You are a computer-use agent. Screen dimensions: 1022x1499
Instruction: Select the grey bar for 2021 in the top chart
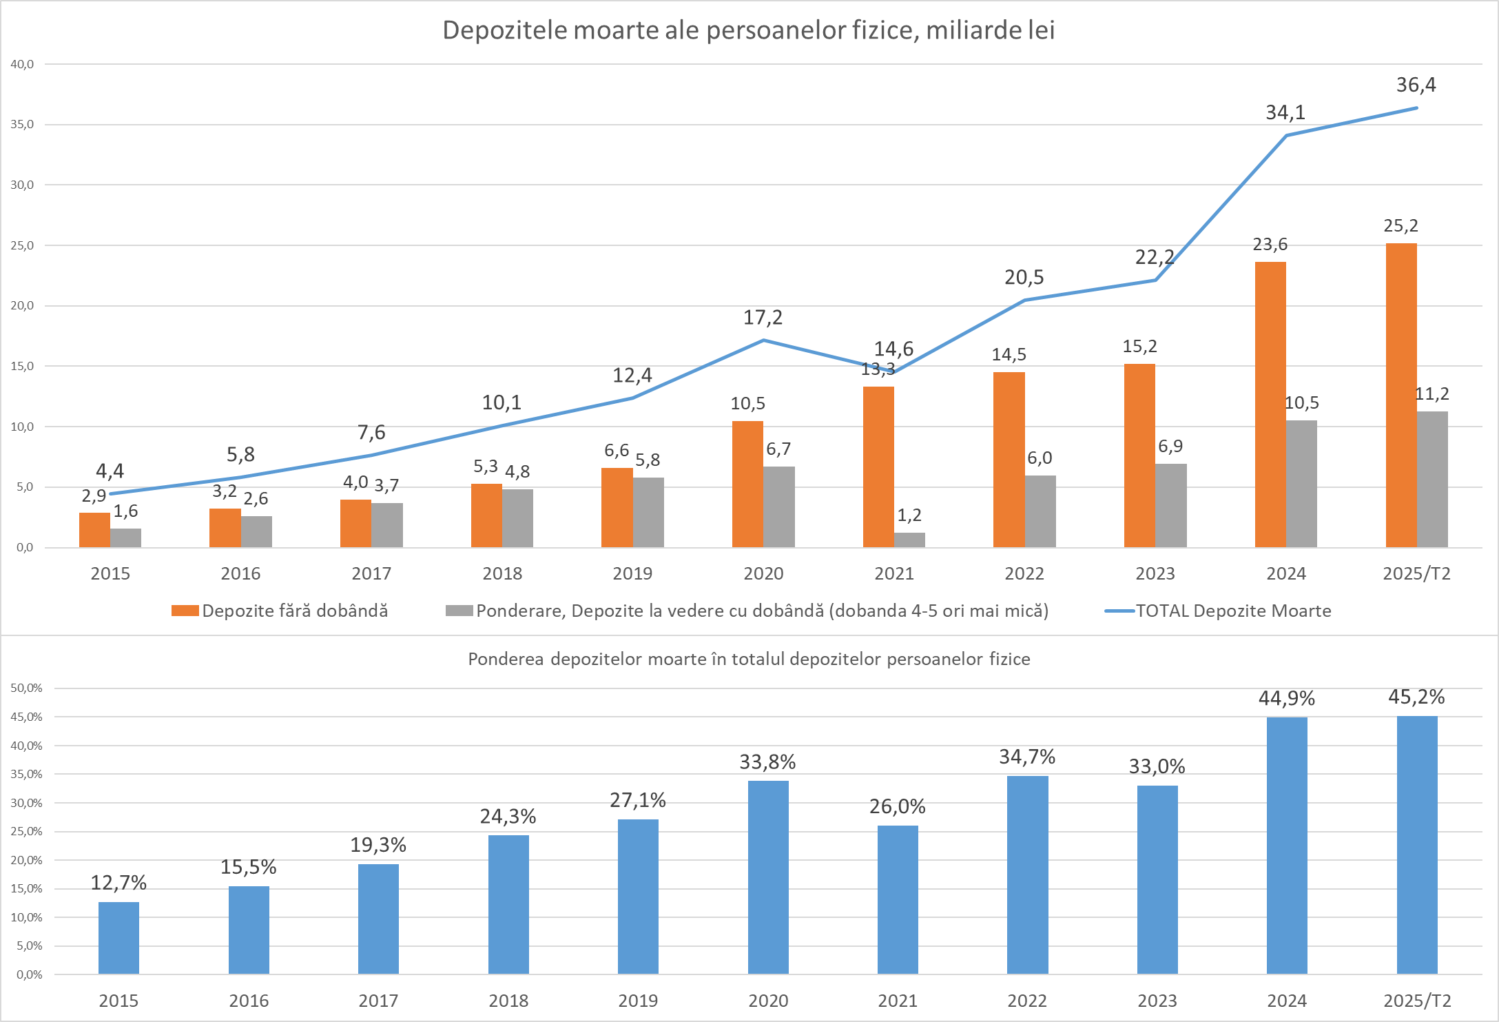point(909,540)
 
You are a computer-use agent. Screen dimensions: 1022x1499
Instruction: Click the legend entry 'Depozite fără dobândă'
point(294,611)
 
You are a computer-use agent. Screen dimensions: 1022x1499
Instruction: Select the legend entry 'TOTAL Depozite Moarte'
point(1232,611)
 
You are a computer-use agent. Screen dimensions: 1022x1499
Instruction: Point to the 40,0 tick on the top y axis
point(22,64)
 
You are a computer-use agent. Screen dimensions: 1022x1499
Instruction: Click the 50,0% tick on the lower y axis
point(27,688)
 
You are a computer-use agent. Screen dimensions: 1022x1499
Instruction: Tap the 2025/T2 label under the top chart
point(1416,573)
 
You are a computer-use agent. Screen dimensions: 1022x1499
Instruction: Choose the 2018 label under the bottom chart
point(508,1001)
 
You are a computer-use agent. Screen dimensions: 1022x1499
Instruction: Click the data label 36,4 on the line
point(1416,85)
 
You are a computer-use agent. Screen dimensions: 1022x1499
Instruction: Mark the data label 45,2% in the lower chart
point(1416,697)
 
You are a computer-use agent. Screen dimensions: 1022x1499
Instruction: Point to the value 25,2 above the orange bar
point(1400,225)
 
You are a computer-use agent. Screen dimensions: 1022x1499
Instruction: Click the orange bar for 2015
point(94,530)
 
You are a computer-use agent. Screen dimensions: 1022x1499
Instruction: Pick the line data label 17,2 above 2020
point(763,318)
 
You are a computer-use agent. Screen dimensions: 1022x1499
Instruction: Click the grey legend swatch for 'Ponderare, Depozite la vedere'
point(459,611)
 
